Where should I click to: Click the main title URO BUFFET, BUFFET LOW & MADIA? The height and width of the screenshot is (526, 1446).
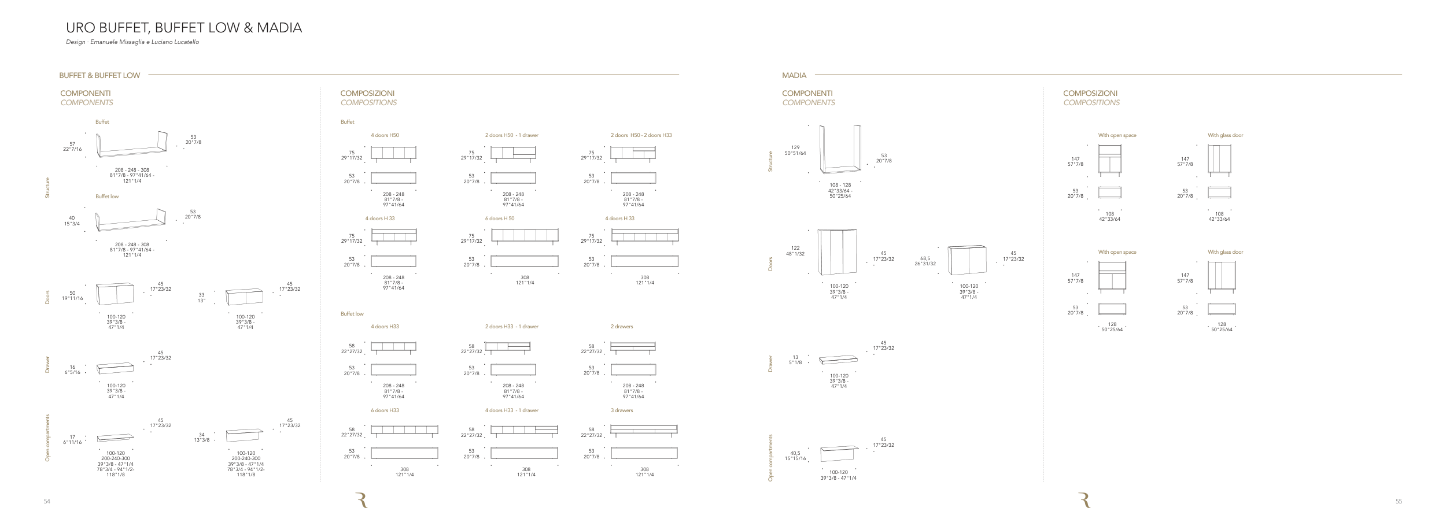click(x=184, y=28)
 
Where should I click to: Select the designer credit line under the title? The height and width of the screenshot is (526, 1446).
click(x=132, y=42)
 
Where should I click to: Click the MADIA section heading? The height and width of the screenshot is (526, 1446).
click(x=794, y=75)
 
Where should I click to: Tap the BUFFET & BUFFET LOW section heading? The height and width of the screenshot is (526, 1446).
click(x=99, y=75)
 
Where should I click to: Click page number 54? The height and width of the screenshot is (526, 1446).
click(x=47, y=502)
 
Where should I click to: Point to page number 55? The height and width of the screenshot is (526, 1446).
click(x=1399, y=502)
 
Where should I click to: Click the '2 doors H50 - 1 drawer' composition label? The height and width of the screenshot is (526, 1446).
click(x=511, y=135)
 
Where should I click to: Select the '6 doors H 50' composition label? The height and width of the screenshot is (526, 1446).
click(x=500, y=218)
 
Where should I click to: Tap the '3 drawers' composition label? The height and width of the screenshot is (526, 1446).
click(x=622, y=410)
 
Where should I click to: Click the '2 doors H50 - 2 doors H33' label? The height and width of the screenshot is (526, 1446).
click(x=641, y=135)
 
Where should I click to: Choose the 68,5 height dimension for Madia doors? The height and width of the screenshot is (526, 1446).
click(x=925, y=258)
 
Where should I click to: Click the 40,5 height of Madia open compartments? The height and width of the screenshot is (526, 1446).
click(x=795, y=453)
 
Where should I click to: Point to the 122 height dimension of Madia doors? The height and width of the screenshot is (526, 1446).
click(x=795, y=248)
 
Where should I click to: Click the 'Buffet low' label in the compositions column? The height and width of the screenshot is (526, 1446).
click(x=352, y=314)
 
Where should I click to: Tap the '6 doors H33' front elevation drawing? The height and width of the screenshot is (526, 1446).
click(x=404, y=430)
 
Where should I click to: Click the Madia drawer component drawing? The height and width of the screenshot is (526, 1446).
click(x=838, y=360)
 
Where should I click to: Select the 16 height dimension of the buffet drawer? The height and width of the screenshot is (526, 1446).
click(x=73, y=367)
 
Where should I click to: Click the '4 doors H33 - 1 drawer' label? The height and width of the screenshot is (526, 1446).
click(x=511, y=410)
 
